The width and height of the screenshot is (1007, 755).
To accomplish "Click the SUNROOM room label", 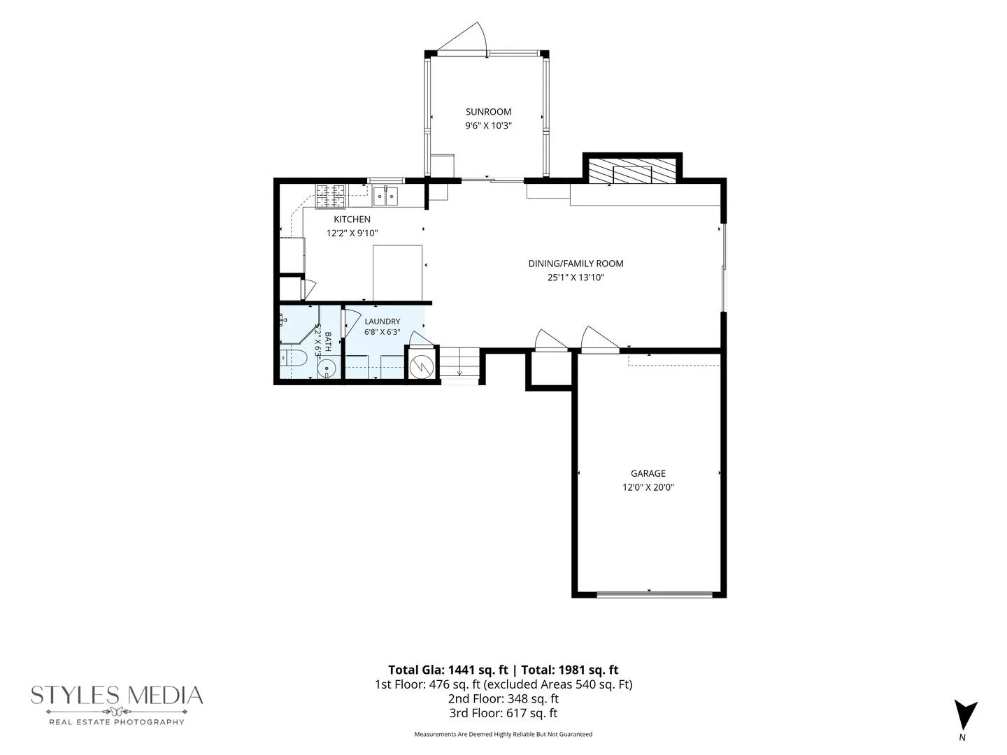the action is [488, 111].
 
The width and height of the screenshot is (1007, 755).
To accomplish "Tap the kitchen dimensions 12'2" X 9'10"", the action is [352, 233].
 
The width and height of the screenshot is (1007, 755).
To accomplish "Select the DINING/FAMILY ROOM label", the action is [576, 264].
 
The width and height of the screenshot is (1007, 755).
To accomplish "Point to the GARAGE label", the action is [648, 473].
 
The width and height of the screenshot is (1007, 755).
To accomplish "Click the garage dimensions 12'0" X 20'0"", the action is [648, 487].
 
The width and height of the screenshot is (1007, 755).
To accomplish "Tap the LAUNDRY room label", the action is [382, 322].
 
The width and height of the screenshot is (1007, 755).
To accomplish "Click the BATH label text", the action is [327, 342].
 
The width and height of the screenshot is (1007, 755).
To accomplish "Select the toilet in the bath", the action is [293, 357].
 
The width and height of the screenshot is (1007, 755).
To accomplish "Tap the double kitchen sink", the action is [385, 196].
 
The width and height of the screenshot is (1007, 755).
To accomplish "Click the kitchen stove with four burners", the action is [330, 196].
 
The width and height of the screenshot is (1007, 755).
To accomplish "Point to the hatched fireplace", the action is [632, 171].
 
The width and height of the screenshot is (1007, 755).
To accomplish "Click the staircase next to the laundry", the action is [459, 362].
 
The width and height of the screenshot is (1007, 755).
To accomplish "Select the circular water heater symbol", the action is [422, 367].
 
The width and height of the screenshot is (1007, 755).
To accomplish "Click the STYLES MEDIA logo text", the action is [117, 695].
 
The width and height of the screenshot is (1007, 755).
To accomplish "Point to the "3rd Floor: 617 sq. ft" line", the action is [503, 713].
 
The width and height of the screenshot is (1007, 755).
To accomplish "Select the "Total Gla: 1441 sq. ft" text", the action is [448, 670].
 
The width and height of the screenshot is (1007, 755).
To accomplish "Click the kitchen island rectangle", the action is [397, 273].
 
